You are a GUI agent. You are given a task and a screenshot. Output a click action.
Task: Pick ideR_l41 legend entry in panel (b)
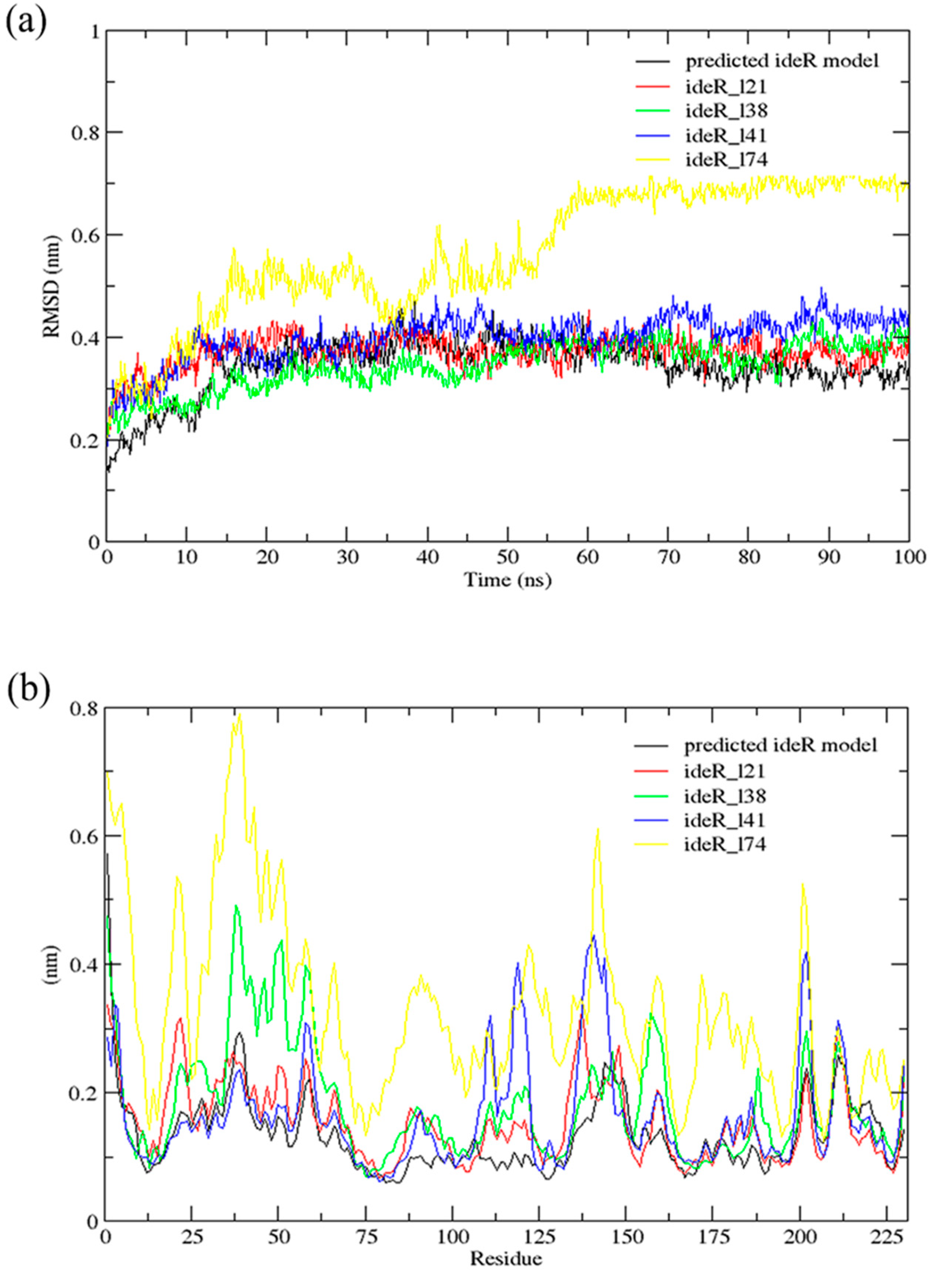click(725, 820)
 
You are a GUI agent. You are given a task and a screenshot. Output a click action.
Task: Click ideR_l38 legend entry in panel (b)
click(725, 796)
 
